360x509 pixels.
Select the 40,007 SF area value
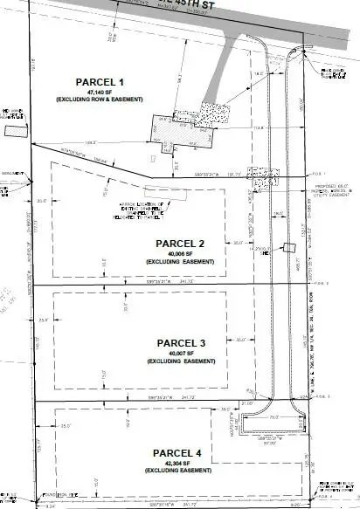pyautogui.click(x=180, y=353)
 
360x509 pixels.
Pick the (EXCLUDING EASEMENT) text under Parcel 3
pyautogui.click(x=180, y=361)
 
